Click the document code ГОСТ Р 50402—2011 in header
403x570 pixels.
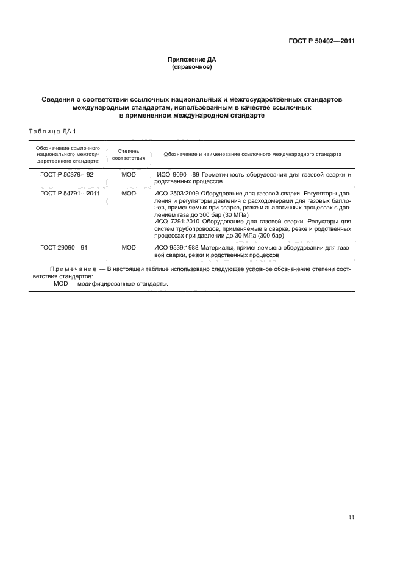321,41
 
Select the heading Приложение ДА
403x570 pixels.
192,60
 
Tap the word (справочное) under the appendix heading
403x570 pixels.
192,67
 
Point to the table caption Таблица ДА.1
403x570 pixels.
51,131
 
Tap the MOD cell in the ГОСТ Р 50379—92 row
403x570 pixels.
129,175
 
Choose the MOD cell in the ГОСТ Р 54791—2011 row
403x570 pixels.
129,193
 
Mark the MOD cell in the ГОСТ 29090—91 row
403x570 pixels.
129,248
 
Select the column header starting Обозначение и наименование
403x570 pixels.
252,154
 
